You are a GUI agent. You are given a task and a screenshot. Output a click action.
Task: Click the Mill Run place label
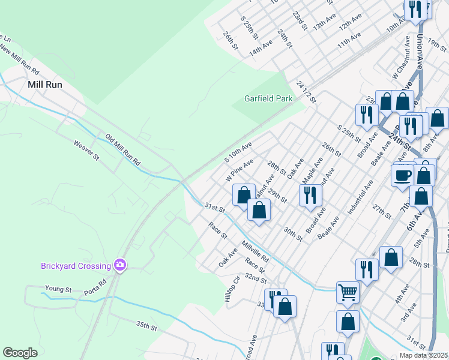click(45, 85)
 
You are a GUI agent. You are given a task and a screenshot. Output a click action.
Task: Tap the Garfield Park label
click(268, 98)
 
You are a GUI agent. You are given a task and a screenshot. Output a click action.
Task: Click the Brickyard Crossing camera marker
click(121, 265)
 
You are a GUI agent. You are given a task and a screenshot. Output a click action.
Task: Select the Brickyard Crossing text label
click(76, 266)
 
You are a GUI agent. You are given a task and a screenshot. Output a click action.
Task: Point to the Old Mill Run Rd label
click(122, 150)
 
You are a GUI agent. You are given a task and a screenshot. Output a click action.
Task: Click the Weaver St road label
click(86, 150)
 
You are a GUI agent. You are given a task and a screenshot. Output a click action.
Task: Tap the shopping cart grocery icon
click(348, 292)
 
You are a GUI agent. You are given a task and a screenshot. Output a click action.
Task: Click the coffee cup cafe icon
click(402, 175)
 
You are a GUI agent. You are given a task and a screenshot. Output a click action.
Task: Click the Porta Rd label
click(95, 287)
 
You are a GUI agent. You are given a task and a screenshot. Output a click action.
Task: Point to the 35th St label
click(146, 326)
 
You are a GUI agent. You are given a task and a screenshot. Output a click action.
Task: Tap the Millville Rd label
click(255, 251)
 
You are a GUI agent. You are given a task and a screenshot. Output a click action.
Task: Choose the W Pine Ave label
click(239, 170)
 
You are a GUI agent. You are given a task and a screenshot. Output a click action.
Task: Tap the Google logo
click(20, 353)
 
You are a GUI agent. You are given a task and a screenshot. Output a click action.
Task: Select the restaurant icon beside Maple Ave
click(310, 195)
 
